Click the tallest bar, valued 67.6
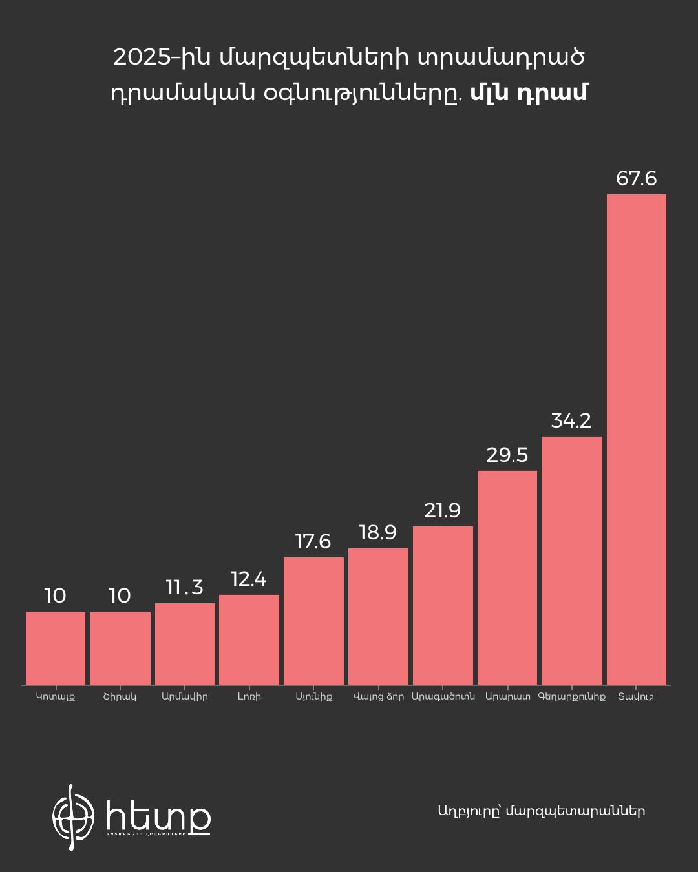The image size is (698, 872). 637,439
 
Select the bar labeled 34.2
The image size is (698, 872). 572,561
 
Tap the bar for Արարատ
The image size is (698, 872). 507,577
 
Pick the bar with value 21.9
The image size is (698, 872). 443,605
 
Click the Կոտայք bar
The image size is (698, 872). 56,648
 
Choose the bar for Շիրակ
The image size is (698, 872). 120,648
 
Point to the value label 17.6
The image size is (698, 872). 313,541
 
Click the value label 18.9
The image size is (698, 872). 377,533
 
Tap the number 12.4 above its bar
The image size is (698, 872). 248,579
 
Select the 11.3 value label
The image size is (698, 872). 184,587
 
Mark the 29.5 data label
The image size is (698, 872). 507,455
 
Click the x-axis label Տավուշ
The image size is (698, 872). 636,697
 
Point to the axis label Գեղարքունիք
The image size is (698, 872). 572,696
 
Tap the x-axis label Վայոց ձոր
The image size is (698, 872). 379,696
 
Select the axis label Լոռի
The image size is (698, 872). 249,696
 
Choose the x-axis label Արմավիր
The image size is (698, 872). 185,696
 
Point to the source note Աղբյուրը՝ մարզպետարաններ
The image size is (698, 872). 541,811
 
